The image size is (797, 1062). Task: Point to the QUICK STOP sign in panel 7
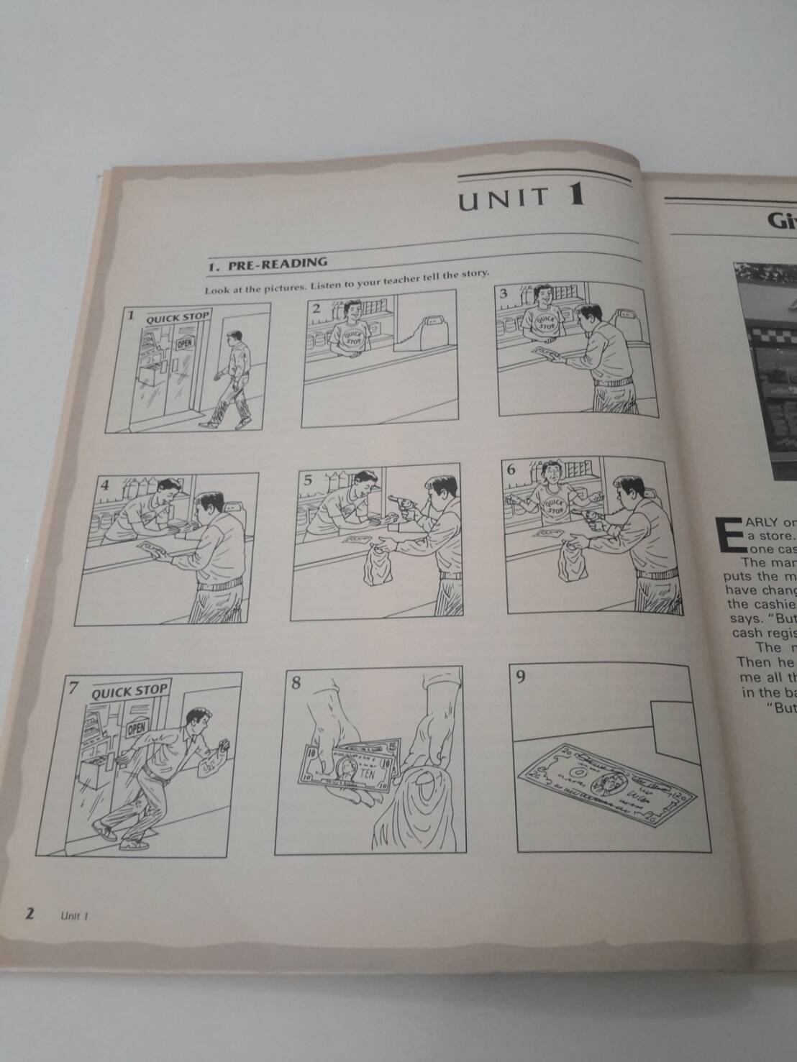(129, 692)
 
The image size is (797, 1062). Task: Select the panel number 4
(106, 485)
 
